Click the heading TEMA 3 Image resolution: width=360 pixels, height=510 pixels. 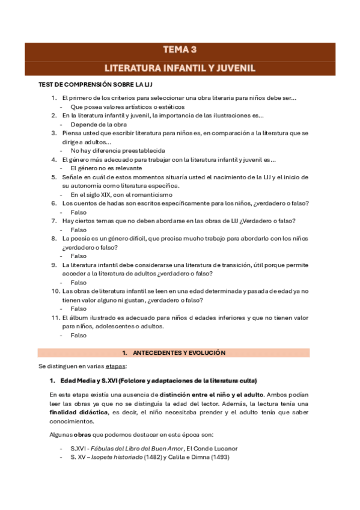click(180, 50)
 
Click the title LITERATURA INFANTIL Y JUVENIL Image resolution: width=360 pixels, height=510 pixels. click(180, 68)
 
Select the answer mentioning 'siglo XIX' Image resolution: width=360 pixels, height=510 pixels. click(121, 195)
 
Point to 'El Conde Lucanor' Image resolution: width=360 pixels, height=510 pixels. click(212, 448)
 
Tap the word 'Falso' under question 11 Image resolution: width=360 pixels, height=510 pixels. click(78, 336)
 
